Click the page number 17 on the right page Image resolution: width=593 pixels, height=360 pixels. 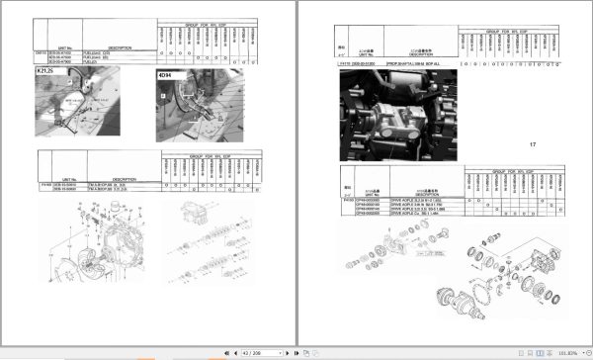532,145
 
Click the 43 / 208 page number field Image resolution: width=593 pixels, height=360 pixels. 246,352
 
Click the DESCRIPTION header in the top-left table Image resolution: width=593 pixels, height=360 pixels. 121,46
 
